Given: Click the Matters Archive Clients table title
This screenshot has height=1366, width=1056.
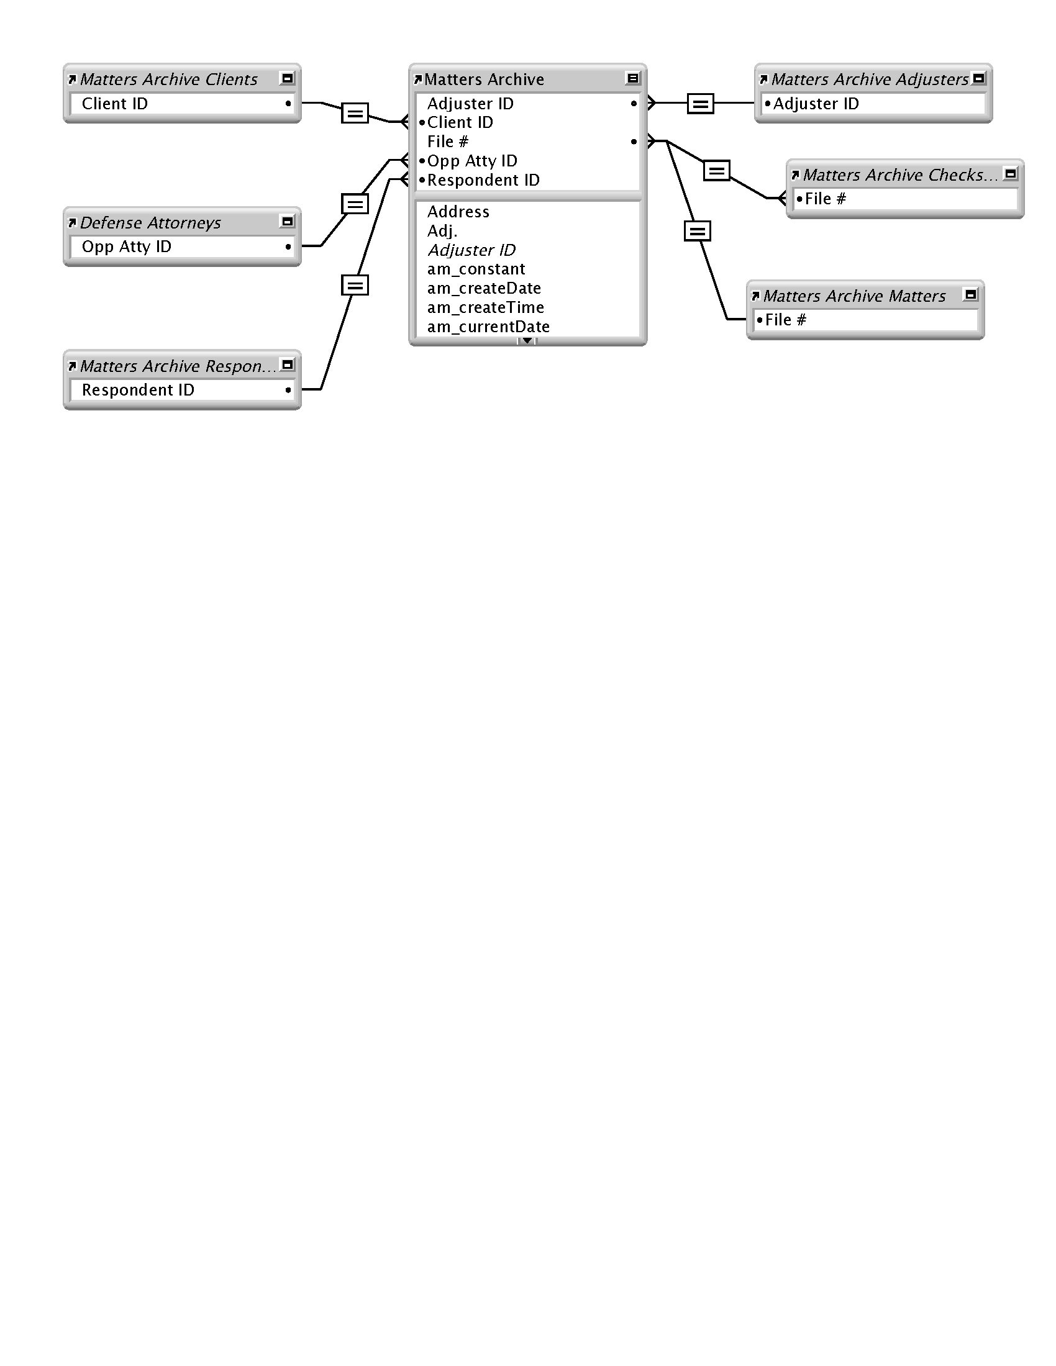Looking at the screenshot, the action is tap(168, 79).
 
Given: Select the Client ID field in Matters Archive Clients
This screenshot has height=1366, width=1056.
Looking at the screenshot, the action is tap(114, 104).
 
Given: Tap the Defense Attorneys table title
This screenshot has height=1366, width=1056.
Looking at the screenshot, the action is tap(150, 223).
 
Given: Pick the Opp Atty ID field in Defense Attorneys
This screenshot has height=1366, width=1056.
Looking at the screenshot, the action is tap(126, 247).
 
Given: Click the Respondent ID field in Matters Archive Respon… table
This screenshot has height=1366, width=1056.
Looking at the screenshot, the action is tap(138, 390).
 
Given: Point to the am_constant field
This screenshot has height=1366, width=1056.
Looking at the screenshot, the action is tap(476, 269).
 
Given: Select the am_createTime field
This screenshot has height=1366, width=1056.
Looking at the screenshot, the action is tap(486, 307).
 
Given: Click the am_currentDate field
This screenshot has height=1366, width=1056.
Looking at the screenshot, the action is tap(489, 327).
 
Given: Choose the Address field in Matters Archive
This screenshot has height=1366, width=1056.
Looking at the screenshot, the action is tap(458, 211).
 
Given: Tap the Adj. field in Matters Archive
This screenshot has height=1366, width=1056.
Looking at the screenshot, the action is tap(442, 231).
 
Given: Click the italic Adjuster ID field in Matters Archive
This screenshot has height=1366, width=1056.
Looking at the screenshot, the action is tap(471, 250).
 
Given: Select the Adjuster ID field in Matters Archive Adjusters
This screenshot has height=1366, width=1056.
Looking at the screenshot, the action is tap(816, 104).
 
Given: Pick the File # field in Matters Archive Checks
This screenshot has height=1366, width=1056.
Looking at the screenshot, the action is tap(825, 199).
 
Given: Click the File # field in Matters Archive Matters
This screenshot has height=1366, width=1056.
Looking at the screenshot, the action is tap(786, 320).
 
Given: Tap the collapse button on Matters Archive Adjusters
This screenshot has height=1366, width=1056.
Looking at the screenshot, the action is tap(979, 78).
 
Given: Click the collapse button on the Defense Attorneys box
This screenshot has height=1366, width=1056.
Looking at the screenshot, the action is tap(287, 222).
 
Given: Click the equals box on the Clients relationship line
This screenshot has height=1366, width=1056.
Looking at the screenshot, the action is tap(355, 113).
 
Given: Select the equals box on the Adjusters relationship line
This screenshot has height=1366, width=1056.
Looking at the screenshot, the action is tap(700, 103).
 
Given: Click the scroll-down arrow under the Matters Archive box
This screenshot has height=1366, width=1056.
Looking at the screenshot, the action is tap(527, 341).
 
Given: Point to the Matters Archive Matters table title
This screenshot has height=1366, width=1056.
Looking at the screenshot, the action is tap(854, 296).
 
